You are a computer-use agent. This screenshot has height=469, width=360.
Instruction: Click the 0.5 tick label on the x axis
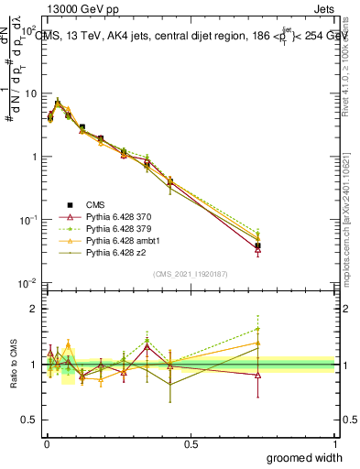[x=190, y=442]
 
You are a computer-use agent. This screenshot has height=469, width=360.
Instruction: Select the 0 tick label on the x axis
[x=46, y=442]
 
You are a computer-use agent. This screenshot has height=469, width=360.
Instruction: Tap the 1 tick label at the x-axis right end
[x=333, y=442]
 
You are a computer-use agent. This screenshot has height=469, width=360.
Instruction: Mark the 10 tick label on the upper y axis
[x=30, y=93]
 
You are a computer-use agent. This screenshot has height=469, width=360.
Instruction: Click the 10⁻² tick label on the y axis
[x=27, y=283]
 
